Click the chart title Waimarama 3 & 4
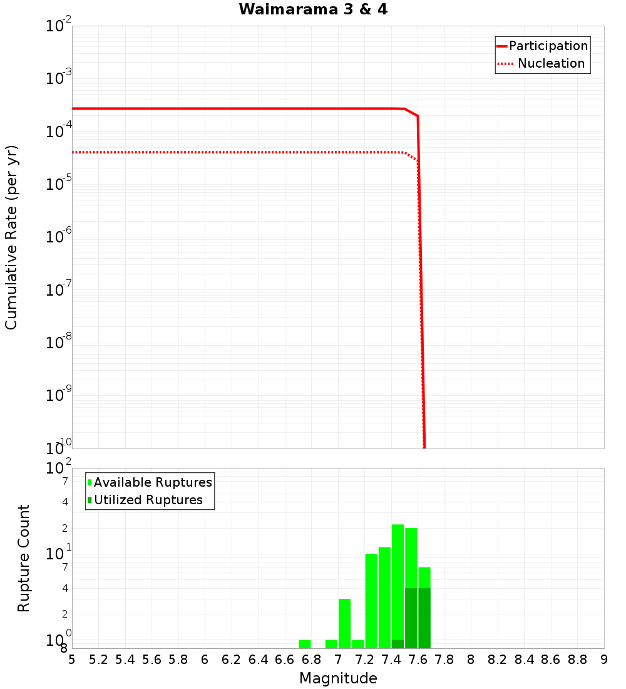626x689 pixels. tap(313, 9)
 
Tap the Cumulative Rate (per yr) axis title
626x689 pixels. tap(11, 237)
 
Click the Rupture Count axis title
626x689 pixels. tap(24, 557)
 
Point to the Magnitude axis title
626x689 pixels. tap(338, 678)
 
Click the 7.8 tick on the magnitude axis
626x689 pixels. tap(444, 660)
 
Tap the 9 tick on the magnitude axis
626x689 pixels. tap(603, 660)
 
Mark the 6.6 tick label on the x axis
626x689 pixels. tap(285, 660)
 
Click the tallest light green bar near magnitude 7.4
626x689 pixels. tap(398, 583)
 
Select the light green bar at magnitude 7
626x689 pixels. tap(344, 623)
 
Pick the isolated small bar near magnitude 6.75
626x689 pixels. tap(305, 644)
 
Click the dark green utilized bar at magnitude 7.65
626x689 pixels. tap(424, 618)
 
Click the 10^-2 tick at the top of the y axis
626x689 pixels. tap(59, 26)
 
